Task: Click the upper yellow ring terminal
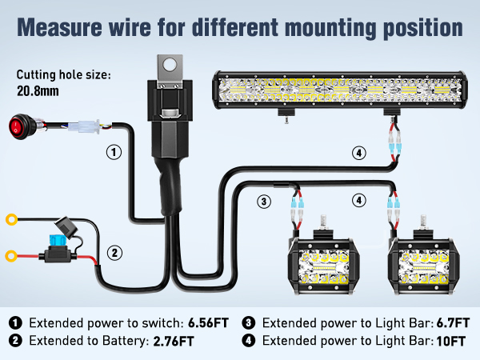(x=11, y=219)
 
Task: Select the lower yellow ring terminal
(x=11, y=257)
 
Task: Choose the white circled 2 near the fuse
(x=115, y=254)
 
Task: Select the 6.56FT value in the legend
(x=207, y=323)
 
